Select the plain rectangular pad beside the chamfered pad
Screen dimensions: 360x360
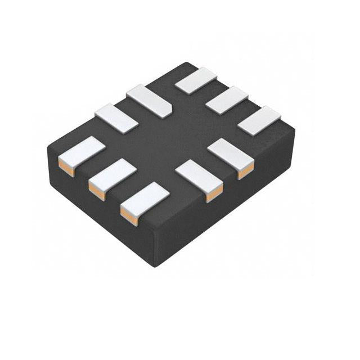(x=116, y=118)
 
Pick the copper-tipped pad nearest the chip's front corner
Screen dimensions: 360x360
(x=146, y=198)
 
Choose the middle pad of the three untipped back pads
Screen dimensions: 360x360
(x=227, y=100)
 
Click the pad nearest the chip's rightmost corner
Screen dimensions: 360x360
(x=259, y=120)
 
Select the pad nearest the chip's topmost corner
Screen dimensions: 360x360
(x=196, y=80)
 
